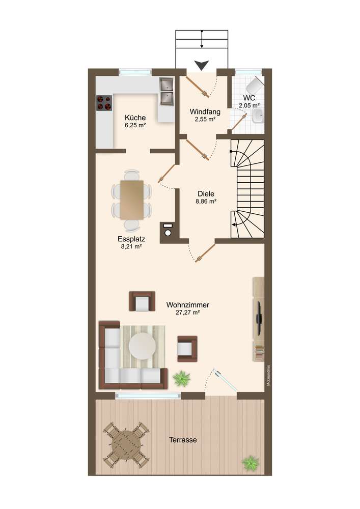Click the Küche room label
point(135,118)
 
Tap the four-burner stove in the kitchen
point(104,103)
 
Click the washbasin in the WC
point(258,116)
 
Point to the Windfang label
point(205,111)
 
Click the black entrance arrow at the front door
point(202,65)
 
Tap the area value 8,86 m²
point(206,201)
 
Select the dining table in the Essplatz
point(131,199)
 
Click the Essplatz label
point(131,239)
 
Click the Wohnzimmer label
point(187,305)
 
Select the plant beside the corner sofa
point(181,378)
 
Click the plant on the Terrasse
point(251,462)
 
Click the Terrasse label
point(183,440)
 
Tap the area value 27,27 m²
point(187,313)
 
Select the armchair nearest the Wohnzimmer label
point(142,301)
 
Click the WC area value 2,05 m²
point(249,105)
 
